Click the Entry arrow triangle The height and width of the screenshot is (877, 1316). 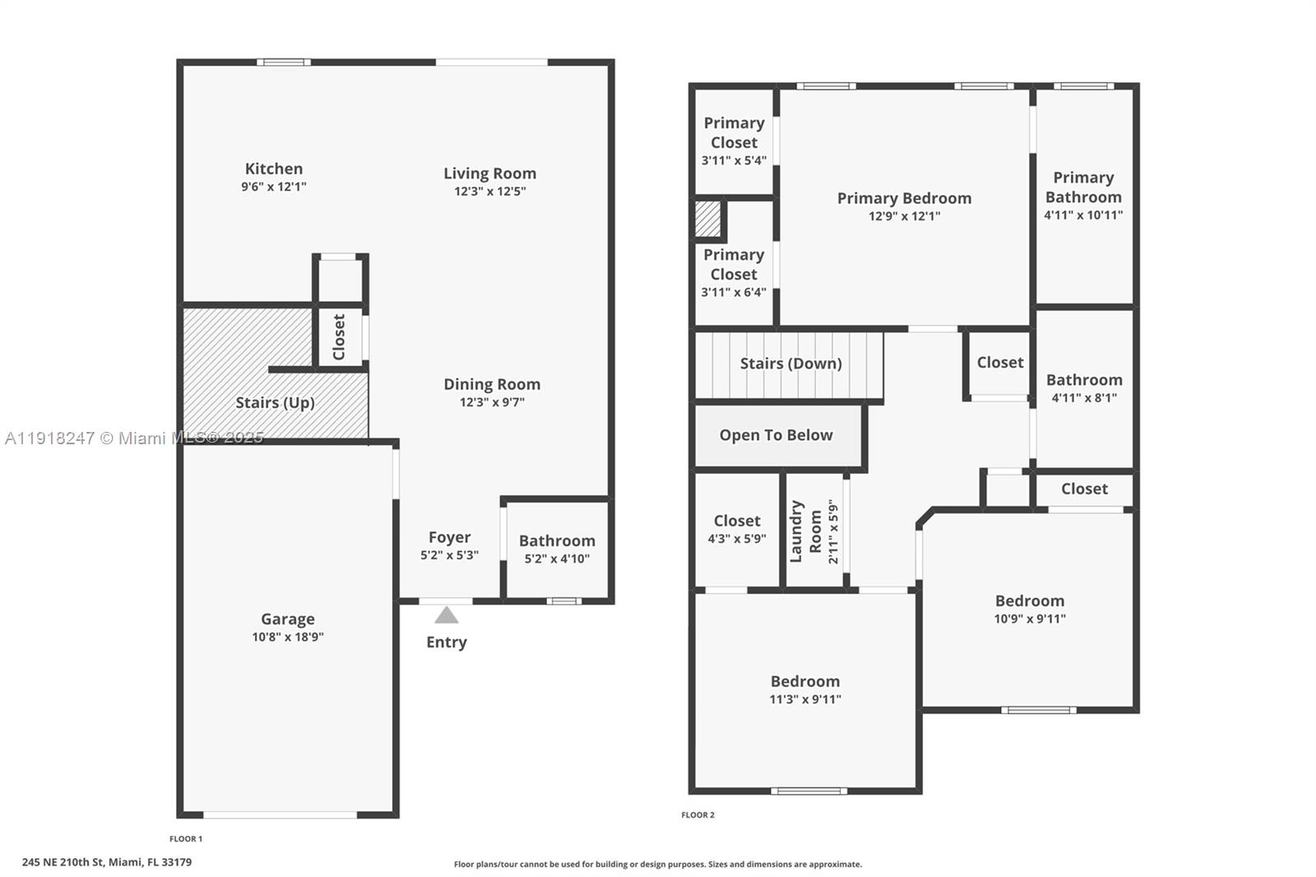pyautogui.click(x=447, y=615)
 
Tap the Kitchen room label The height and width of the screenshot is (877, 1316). pyautogui.click(x=274, y=169)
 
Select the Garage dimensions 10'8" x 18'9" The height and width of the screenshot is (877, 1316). pyautogui.click(x=288, y=637)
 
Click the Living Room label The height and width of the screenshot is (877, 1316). pyautogui.click(x=489, y=174)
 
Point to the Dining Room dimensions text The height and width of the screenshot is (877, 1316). pyautogui.click(x=492, y=402)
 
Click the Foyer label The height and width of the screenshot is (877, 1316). pyautogui.click(x=449, y=537)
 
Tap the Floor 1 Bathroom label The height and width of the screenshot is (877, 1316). pyautogui.click(x=557, y=541)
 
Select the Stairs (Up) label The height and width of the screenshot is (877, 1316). pyautogui.click(x=275, y=402)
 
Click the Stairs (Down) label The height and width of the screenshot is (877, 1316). pyautogui.click(x=790, y=364)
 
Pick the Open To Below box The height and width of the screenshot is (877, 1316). pyautogui.click(x=776, y=435)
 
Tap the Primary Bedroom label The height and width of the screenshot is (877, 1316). pyautogui.click(x=904, y=198)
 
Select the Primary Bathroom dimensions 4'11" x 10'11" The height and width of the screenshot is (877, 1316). pyautogui.click(x=1083, y=216)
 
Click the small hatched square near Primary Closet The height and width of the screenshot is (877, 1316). pyautogui.click(x=708, y=219)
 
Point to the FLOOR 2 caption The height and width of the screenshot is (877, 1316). pyautogui.click(x=697, y=815)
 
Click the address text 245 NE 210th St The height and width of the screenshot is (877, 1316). pyautogui.click(x=107, y=862)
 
